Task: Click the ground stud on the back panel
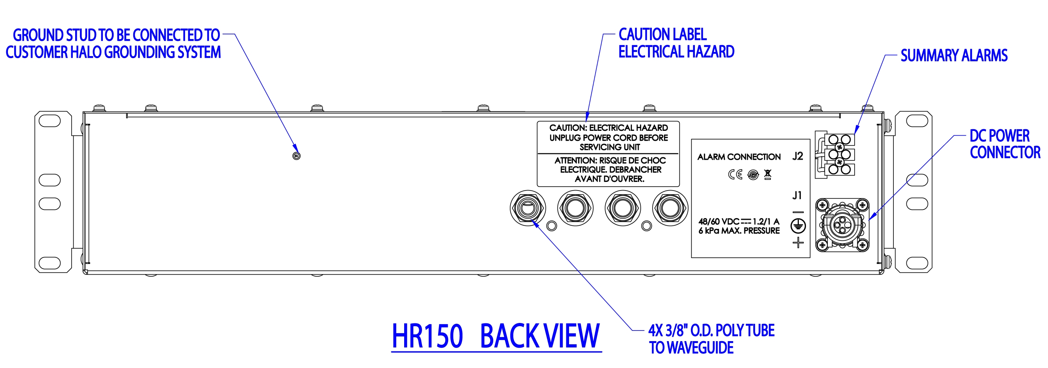coord(297,156)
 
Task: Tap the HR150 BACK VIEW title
coord(496,336)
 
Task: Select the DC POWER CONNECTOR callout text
coord(1004,144)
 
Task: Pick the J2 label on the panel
coord(797,156)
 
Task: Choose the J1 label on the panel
coord(797,196)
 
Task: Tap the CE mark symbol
coord(735,175)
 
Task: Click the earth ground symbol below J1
coord(798,226)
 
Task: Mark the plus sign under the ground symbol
coord(798,243)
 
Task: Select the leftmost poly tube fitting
coord(528,208)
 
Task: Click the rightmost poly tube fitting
coord(670,208)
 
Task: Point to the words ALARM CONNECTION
coord(739,157)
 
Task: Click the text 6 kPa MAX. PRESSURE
coord(739,231)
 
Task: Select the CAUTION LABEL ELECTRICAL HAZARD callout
coord(676,43)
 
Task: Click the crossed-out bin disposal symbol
coord(768,175)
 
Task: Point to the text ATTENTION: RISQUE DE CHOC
coord(610,160)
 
